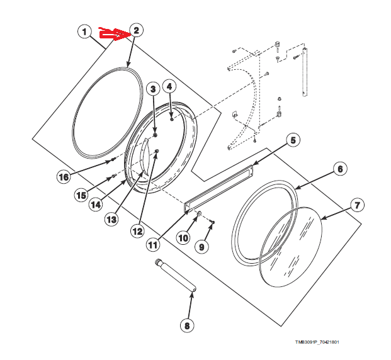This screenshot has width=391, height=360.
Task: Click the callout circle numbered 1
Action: click(84, 31)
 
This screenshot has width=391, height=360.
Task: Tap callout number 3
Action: click(152, 90)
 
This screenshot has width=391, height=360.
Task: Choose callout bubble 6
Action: click(339, 169)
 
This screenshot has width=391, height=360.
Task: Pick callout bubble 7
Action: click(357, 205)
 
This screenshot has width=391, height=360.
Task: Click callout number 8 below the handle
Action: click(186, 325)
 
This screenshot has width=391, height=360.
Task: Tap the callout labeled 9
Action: click(201, 247)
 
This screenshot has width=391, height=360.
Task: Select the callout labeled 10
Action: click(183, 239)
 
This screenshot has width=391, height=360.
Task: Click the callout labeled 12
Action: click(137, 231)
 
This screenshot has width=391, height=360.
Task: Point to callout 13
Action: click(111, 219)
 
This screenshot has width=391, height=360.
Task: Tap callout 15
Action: click(81, 195)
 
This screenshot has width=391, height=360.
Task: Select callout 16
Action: click(64, 177)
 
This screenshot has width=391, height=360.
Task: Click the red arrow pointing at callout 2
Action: click(113, 35)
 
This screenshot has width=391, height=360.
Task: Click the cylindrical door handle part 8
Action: click(176, 274)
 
